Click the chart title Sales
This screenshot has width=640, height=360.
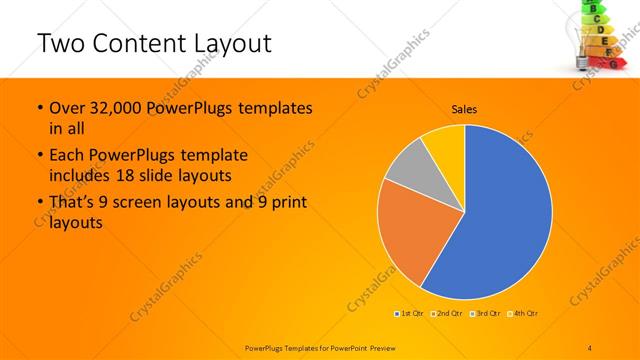pos(463,109)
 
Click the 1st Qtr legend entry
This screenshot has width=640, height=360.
pos(410,314)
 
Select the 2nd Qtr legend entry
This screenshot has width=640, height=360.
pos(449,314)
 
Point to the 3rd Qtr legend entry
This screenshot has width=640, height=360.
pos(488,314)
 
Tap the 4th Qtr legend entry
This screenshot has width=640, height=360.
pos(524,314)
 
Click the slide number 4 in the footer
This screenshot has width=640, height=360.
pos(590,347)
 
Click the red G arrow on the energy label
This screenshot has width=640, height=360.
pos(612,64)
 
